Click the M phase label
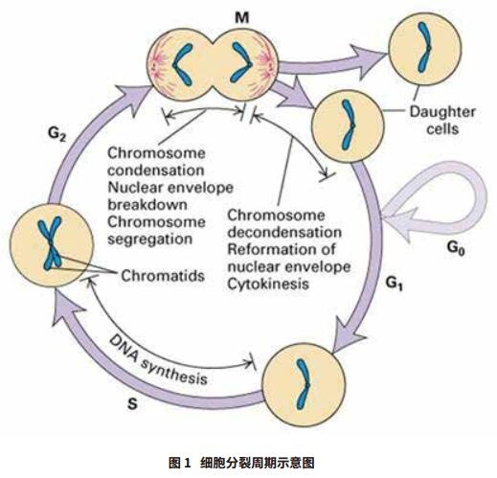[241, 17]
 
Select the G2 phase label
[57, 134]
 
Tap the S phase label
[132, 404]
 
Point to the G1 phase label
[395, 284]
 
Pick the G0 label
[456, 248]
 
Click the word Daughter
[442, 112]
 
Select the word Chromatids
[163, 276]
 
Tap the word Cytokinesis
[268, 284]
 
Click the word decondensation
[284, 232]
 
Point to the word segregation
[150, 239]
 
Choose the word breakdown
[147, 205]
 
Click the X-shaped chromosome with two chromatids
[51, 243]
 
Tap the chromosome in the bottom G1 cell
[303, 384]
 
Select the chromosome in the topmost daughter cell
[424, 47]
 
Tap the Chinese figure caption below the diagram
[241, 463]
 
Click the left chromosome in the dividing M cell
[183, 64]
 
